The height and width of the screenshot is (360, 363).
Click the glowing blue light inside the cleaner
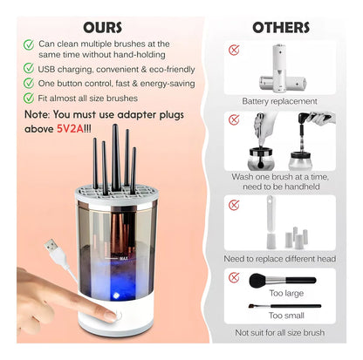pyautogui.click(x=114, y=282)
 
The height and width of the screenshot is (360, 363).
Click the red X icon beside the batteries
pyautogui.click(x=235, y=51)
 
